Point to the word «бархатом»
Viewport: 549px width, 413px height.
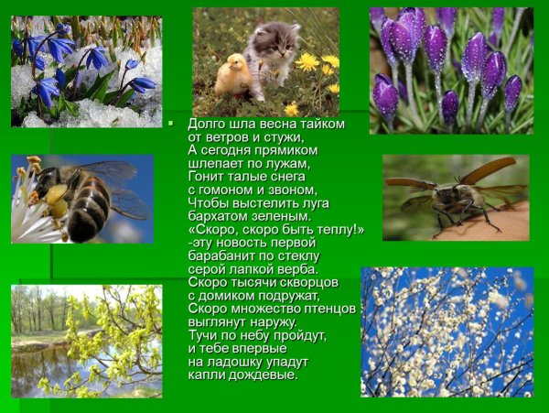click(216, 216)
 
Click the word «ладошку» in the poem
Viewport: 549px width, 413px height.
click(232, 362)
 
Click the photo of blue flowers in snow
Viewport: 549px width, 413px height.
click(86, 71)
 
